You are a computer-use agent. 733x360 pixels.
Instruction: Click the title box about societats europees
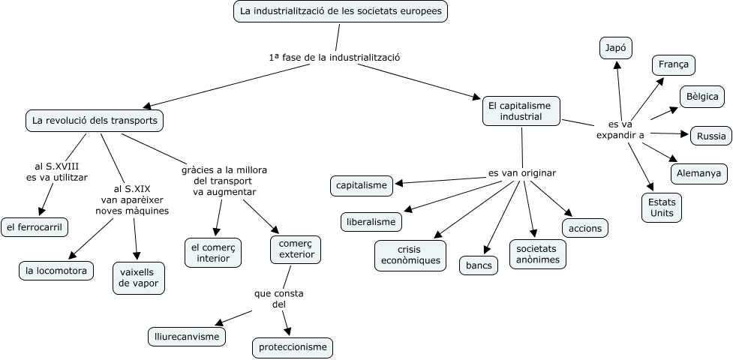point(341,12)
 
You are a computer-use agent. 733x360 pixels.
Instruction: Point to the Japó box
point(616,48)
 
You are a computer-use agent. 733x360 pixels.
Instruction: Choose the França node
point(673,65)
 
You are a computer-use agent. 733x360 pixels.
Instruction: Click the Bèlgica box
point(702,97)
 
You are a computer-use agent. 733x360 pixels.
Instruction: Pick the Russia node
point(710,136)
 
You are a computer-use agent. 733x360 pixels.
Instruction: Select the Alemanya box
point(698,173)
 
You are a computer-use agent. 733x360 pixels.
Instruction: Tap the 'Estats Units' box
point(662,208)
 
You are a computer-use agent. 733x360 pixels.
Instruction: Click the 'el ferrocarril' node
point(35,227)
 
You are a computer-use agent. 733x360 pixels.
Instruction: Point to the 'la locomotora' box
point(56,270)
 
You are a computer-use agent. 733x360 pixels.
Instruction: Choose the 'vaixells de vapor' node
point(138,277)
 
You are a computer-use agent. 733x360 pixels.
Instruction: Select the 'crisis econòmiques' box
point(410,255)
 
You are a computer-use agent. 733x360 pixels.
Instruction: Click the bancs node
point(479,265)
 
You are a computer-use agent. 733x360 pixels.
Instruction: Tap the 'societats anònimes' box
point(538,254)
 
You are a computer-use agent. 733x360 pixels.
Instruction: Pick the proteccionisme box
point(292,347)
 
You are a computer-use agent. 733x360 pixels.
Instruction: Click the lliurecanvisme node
point(186,336)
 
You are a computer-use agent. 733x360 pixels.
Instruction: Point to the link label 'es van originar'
point(521,173)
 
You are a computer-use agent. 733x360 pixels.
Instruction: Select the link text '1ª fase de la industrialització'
point(334,57)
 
